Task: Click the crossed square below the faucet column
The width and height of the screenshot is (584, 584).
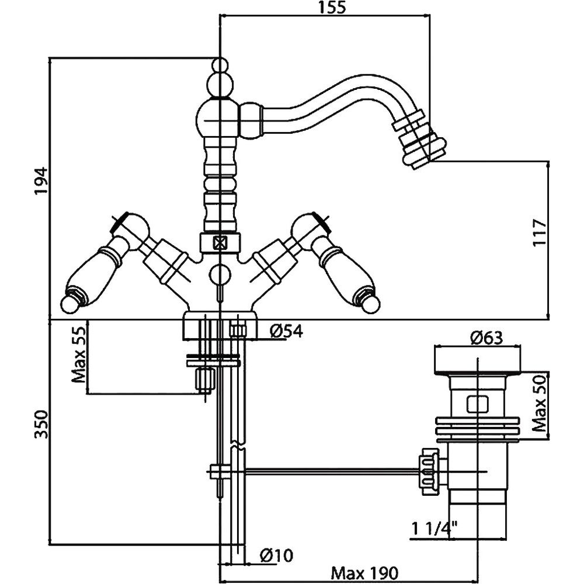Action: click(x=219, y=242)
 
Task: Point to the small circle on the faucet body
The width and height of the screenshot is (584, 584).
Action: click(x=219, y=273)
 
